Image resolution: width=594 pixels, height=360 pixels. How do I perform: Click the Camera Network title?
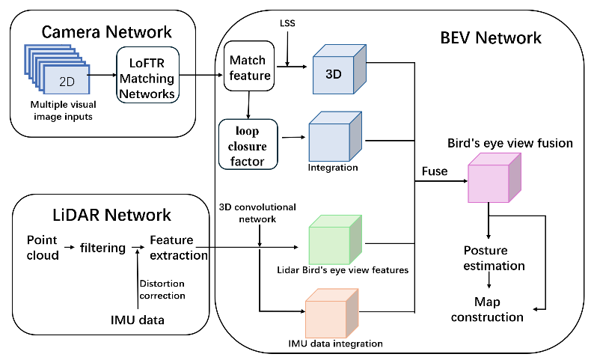pos(106,31)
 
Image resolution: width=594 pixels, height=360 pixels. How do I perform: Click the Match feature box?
pos(248,67)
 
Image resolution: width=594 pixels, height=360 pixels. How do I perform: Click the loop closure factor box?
pos(248,143)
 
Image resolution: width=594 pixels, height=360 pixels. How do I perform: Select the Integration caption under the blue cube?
pos(333,167)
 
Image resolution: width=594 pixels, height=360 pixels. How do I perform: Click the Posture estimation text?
pos(494,257)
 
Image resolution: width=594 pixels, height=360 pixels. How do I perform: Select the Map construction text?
pos(488,309)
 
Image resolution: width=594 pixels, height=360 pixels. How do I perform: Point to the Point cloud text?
pos(43,247)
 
